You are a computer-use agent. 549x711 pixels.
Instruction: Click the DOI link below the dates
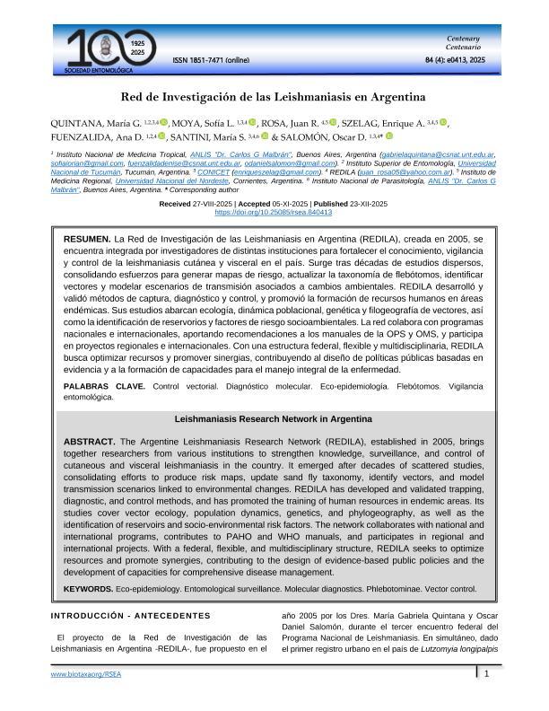pyautogui.click(x=274, y=213)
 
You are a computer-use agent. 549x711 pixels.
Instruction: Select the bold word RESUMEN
pyautogui.click(x=86, y=241)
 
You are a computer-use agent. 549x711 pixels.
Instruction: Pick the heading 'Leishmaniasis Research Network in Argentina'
pyautogui.click(x=274, y=419)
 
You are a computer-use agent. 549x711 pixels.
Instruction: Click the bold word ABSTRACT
pyautogui.click(x=89, y=442)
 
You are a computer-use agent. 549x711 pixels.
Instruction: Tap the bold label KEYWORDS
pyautogui.click(x=88, y=589)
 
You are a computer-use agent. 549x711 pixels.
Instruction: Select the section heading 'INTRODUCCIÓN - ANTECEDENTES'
pyautogui.click(x=130, y=616)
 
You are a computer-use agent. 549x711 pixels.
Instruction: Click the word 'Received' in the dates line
pyautogui.click(x=175, y=204)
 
